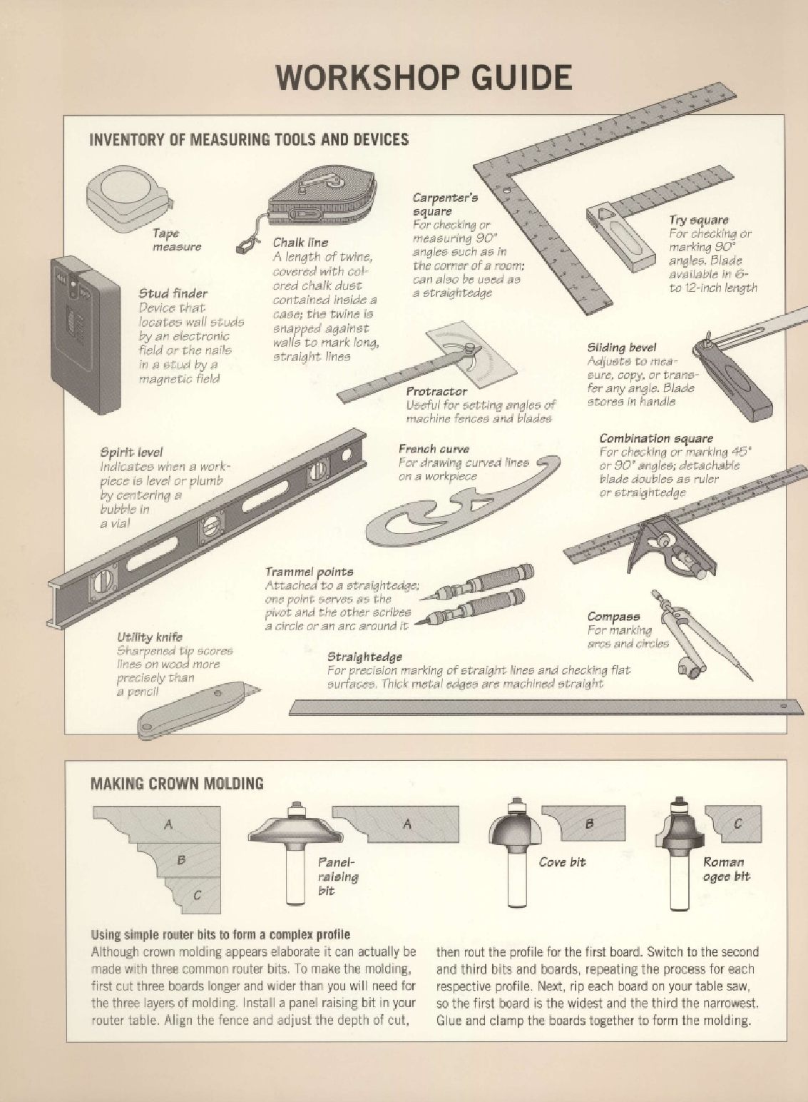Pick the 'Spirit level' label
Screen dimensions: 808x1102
coord(131,452)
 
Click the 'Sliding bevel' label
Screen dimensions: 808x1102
coord(622,348)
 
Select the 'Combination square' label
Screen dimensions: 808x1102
coord(656,438)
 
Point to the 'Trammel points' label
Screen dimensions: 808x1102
coord(309,572)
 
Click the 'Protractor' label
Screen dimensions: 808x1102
coord(436,392)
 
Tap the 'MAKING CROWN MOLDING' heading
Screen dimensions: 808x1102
coord(177,783)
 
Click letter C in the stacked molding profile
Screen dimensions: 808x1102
coord(197,895)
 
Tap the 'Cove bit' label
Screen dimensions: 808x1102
coord(562,862)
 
